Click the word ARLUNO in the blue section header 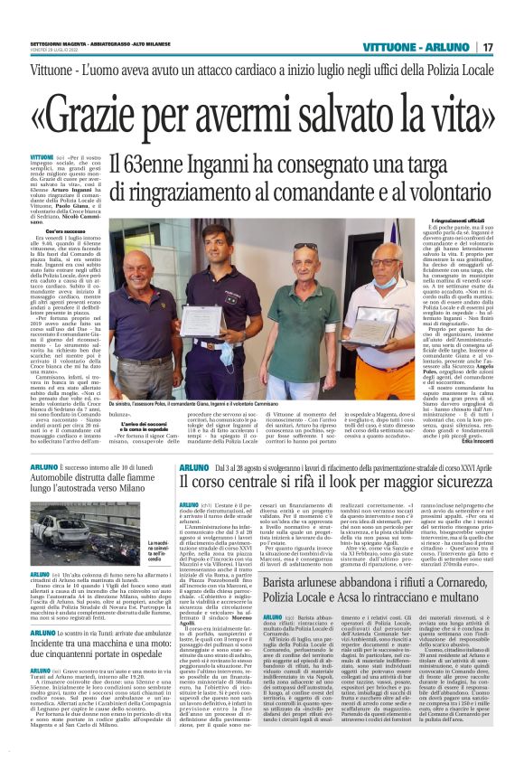pyautogui.click(x=450, y=47)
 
